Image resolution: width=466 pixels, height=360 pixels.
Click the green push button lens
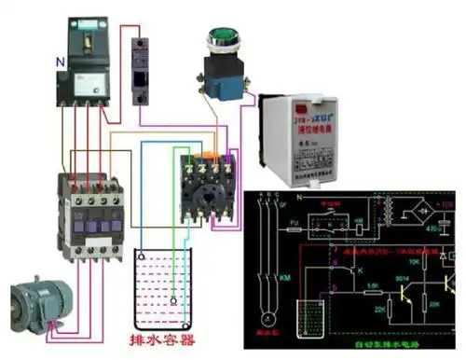click(223, 40)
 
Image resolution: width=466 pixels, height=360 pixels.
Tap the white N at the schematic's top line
click(299, 199)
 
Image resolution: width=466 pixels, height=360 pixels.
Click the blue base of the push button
click(222, 86)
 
